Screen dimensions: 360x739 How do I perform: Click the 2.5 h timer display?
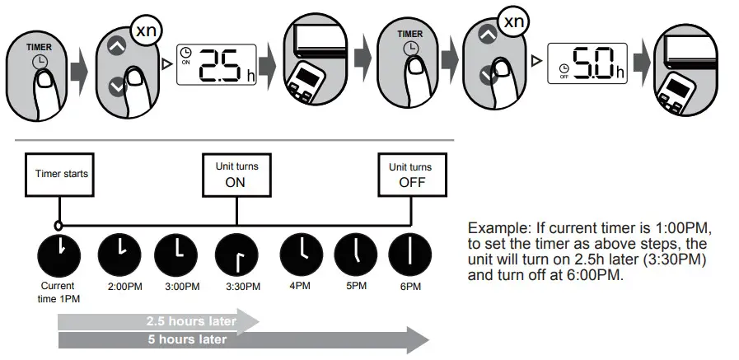click(x=216, y=63)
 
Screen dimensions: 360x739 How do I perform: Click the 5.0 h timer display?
click(x=587, y=65)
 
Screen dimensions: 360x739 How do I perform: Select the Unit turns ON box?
click(x=236, y=174)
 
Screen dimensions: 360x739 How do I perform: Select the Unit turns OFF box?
click(x=411, y=174)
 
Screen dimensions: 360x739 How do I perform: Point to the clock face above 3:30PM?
click(x=236, y=255)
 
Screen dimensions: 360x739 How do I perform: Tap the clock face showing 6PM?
click(x=411, y=255)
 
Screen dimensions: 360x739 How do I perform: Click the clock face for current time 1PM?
click(x=58, y=255)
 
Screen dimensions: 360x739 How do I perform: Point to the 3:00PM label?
click(x=182, y=286)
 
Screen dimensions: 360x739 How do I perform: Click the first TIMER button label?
click(x=39, y=47)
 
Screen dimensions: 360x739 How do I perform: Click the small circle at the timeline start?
click(x=57, y=225)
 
